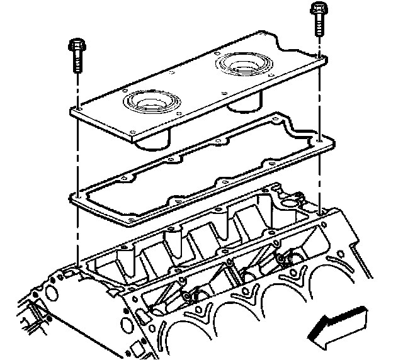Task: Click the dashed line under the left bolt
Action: pos(76,157)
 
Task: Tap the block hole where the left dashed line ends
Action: pos(76,267)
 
